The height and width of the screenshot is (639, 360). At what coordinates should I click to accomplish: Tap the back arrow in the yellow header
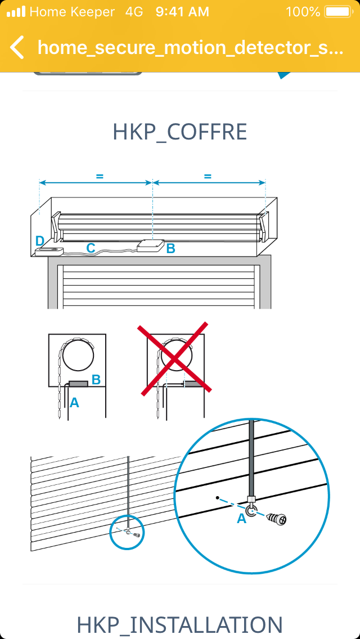point(17,47)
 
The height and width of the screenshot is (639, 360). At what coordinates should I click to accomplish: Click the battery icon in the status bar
point(338,12)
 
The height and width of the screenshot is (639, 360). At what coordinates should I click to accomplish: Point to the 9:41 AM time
point(182,12)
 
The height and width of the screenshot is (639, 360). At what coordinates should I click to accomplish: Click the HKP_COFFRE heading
point(180,132)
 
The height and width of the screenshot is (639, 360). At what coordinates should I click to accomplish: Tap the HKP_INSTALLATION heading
point(180,625)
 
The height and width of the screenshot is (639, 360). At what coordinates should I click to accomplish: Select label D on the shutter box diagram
point(39,241)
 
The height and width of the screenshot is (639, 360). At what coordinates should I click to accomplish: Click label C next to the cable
point(91,247)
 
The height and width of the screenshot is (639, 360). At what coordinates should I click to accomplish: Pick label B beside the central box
point(171,247)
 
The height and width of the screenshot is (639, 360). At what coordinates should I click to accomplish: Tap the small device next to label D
point(49,251)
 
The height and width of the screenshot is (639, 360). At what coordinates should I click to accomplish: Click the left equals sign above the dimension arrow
point(100,177)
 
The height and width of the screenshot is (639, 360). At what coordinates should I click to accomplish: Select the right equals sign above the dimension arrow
point(208,177)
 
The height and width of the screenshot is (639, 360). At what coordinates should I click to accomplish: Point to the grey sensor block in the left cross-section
point(78,384)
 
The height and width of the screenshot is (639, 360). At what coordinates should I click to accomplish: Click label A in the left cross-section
point(74,403)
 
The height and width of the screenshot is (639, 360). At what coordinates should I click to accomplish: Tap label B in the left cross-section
point(96,380)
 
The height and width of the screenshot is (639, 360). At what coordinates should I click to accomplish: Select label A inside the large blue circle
point(242,519)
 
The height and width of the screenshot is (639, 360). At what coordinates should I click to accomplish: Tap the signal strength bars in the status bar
point(17,12)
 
